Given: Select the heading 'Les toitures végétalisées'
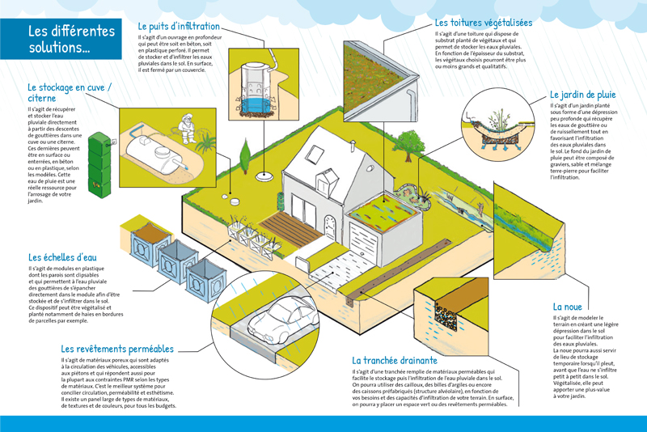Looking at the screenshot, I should coord(483,23).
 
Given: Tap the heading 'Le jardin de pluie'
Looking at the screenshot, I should coord(582,95).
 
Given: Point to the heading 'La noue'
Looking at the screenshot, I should coord(568,307).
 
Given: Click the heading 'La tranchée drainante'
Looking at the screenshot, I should coord(395,360).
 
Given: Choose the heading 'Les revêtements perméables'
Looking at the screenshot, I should coord(116,349).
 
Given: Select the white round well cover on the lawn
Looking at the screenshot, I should coord(264,177).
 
